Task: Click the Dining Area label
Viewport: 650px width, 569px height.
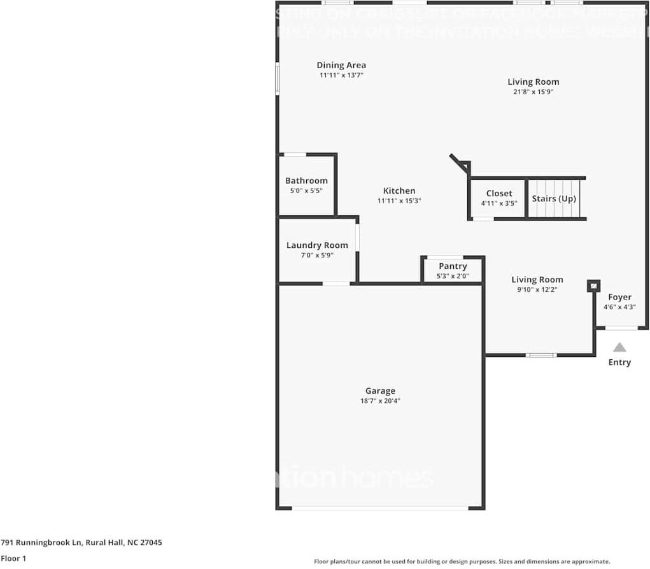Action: pos(341,65)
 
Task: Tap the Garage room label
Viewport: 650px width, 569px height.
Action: pos(380,391)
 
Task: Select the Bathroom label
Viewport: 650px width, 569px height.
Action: pos(306,181)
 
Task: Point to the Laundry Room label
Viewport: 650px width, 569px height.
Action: pos(317,245)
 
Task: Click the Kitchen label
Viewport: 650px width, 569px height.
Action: pos(399,191)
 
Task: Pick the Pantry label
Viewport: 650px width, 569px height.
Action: pos(453,266)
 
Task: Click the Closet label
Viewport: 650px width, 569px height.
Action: pos(499,194)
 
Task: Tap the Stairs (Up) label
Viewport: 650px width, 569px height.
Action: pos(554,198)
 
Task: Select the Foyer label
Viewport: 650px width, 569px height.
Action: pos(619,297)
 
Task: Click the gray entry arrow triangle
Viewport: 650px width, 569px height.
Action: pos(619,348)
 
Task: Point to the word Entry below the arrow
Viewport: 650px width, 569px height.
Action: pos(619,363)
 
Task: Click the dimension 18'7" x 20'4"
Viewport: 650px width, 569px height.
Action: pos(380,401)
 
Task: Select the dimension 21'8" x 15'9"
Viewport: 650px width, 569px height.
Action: pos(533,92)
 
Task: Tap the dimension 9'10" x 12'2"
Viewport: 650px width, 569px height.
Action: pos(537,289)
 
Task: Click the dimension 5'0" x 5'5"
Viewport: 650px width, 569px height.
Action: pos(306,191)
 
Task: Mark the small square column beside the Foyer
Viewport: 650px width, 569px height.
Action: pos(593,286)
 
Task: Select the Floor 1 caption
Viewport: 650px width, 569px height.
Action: pos(13,558)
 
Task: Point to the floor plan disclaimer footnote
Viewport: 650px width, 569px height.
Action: pos(462,561)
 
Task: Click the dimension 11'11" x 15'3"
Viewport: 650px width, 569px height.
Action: pos(399,201)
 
